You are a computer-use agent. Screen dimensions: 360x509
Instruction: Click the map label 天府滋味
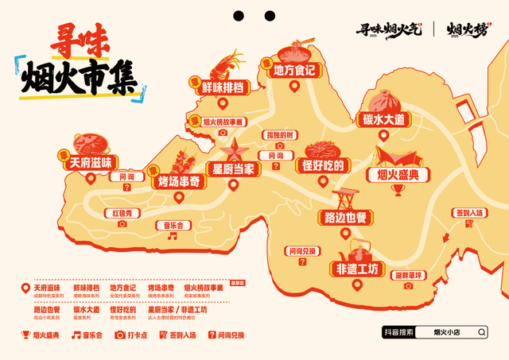coord(91,162)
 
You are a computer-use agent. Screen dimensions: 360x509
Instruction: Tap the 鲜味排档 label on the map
coord(224,87)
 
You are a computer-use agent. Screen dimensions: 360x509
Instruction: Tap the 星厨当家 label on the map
coord(232,169)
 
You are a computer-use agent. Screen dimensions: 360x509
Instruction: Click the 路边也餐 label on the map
coord(344,216)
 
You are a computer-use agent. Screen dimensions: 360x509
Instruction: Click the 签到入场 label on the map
coord(470,213)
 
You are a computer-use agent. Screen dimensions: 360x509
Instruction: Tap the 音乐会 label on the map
coord(174,225)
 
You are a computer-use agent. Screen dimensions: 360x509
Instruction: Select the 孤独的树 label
coord(280,135)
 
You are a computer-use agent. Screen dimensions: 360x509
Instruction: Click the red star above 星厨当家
coord(234,149)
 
